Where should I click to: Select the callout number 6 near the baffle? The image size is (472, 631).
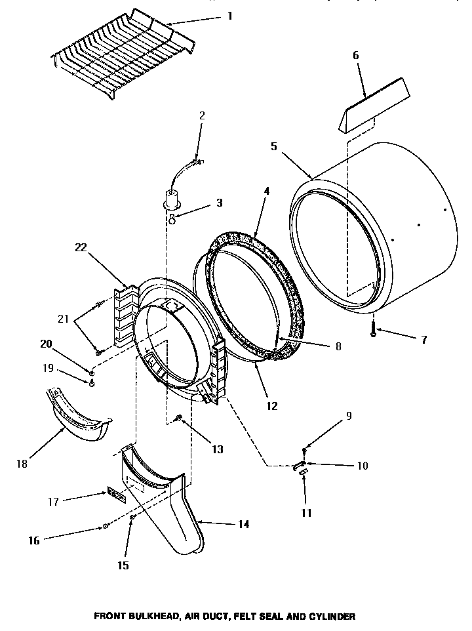click(356, 56)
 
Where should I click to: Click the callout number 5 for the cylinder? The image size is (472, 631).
click(274, 147)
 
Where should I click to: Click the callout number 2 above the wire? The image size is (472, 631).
click(202, 115)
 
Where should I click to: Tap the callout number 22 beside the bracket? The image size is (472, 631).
click(81, 247)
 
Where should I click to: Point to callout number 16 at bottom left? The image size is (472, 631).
click(34, 540)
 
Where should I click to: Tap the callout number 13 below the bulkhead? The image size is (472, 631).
click(218, 449)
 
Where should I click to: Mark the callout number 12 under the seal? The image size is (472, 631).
click(272, 406)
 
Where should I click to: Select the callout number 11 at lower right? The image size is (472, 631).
click(307, 513)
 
